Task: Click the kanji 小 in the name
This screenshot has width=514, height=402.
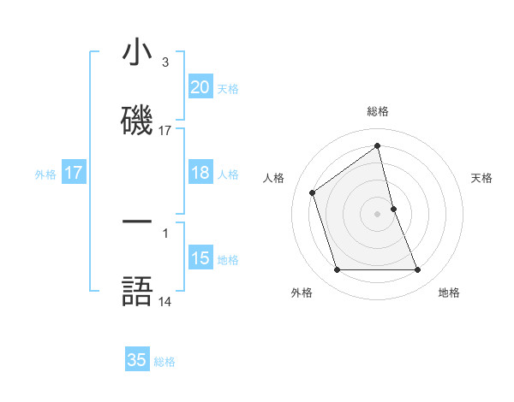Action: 137,53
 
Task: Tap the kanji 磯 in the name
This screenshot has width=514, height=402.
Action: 137,120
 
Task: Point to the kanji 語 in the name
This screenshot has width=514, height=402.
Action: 137,291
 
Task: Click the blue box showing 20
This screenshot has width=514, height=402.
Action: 200,87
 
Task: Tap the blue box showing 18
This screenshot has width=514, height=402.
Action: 200,173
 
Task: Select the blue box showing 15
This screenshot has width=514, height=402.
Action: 200,258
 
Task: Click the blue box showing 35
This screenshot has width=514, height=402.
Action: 137,360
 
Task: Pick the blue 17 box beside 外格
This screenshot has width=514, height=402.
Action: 74,173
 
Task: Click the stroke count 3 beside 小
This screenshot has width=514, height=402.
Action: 164,62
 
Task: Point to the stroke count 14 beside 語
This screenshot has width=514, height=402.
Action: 164,301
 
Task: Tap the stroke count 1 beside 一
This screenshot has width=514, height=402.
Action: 164,231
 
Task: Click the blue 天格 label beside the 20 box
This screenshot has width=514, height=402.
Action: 228,88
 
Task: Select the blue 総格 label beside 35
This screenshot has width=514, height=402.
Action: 164,362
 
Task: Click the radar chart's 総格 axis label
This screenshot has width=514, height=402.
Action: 378,111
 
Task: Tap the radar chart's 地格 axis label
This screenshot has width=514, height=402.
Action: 449,293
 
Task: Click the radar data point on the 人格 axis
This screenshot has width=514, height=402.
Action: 313,192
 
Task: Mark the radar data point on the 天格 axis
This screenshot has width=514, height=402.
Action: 393,209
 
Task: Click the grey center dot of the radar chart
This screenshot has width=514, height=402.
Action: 378,214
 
